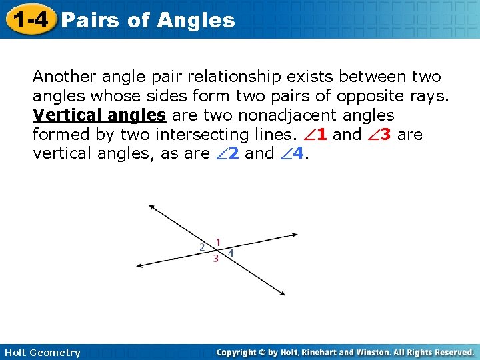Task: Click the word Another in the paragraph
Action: click(x=63, y=77)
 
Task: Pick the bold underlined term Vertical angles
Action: click(x=99, y=115)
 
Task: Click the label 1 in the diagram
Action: click(x=218, y=242)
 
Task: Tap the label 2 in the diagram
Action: click(x=202, y=247)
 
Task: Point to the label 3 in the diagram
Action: click(x=215, y=259)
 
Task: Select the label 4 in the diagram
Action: click(x=231, y=253)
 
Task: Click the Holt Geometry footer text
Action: click(x=41, y=352)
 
